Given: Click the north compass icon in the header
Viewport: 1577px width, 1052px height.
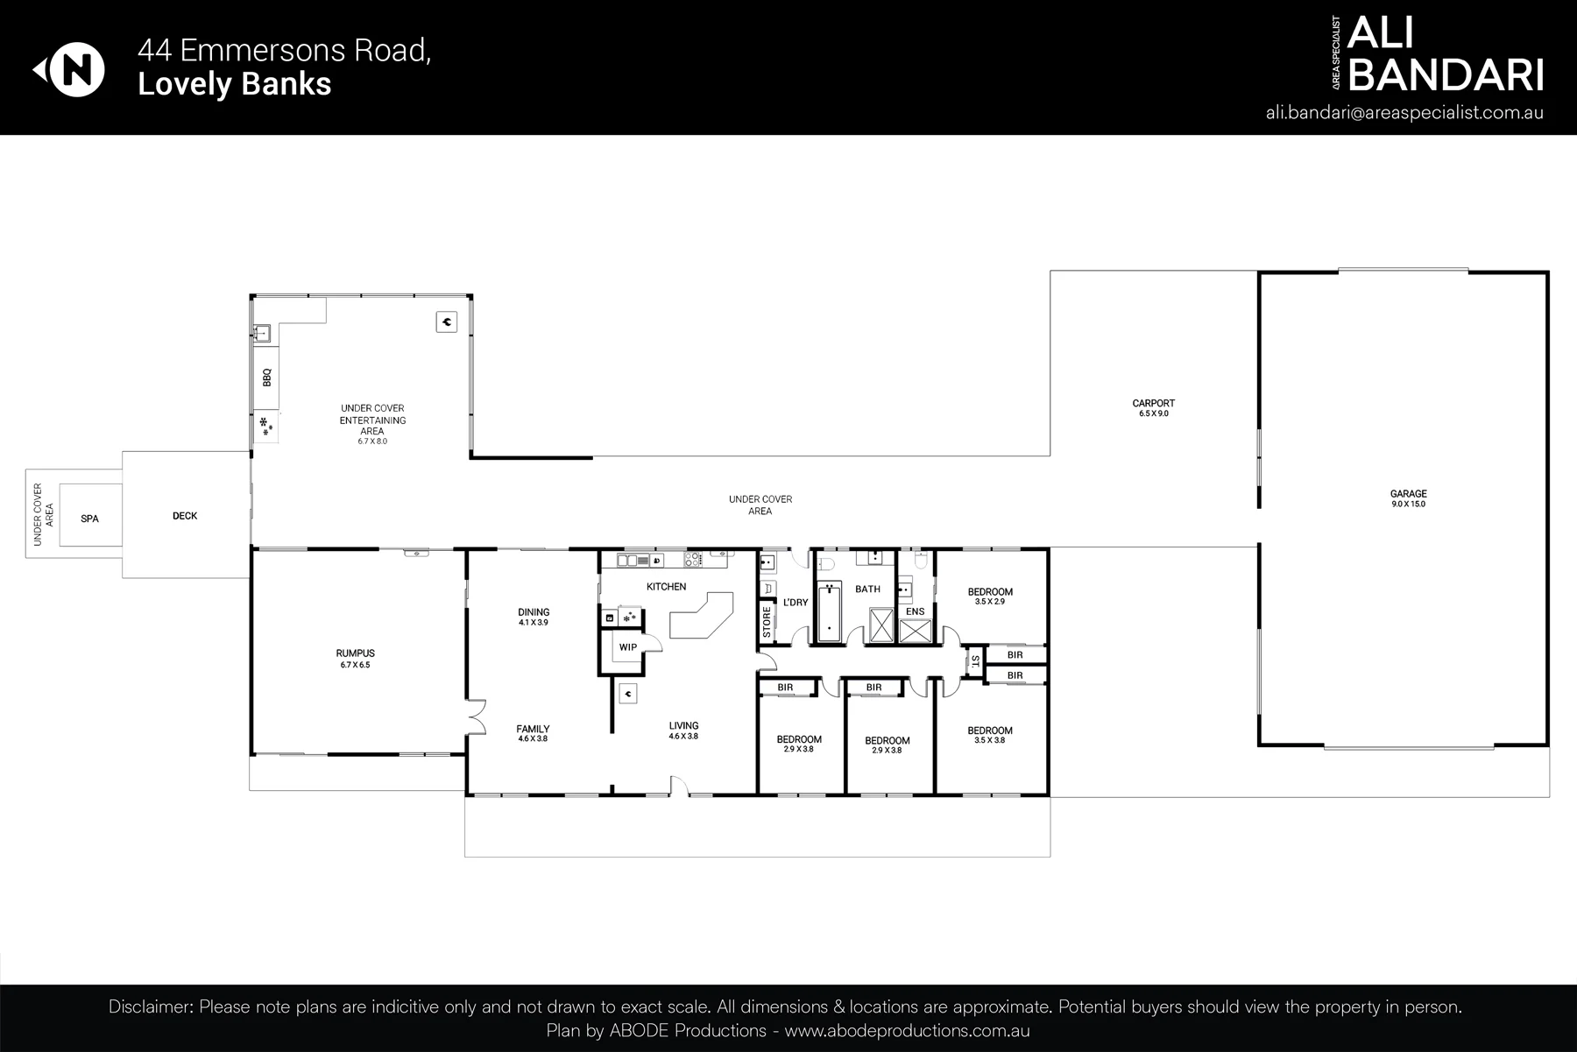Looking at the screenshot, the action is tap(70, 70).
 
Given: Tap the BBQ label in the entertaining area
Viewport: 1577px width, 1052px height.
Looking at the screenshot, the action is tap(267, 378).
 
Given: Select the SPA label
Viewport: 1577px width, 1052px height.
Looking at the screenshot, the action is tap(89, 519).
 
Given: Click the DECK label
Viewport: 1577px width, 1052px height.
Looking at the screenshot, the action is tap(185, 516).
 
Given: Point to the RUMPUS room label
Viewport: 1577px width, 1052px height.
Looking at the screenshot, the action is tap(356, 653).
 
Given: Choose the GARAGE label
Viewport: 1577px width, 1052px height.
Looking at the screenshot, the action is tap(1409, 494).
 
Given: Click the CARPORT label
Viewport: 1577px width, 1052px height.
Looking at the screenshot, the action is tap(1153, 404).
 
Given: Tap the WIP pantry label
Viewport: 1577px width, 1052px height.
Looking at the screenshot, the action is tap(627, 647).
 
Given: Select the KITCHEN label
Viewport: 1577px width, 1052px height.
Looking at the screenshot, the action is tap(666, 586).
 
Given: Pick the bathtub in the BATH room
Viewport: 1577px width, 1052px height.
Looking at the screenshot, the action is tap(829, 611).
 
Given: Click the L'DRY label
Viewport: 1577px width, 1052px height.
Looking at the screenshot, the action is tap(796, 603).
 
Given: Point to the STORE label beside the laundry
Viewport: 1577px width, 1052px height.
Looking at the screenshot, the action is tap(767, 622).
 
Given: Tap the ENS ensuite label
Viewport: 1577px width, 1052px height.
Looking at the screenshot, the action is tap(915, 611).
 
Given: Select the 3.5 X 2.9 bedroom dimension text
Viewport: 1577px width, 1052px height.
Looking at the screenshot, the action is tap(990, 602).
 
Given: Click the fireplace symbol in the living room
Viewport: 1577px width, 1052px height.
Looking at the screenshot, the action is tap(627, 694).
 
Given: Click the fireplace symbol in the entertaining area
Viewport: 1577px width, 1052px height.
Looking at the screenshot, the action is tap(447, 322).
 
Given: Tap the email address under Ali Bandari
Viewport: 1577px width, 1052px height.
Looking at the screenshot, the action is tap(1404, 113).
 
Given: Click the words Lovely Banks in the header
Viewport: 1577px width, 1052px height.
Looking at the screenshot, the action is tap(235, 84).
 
